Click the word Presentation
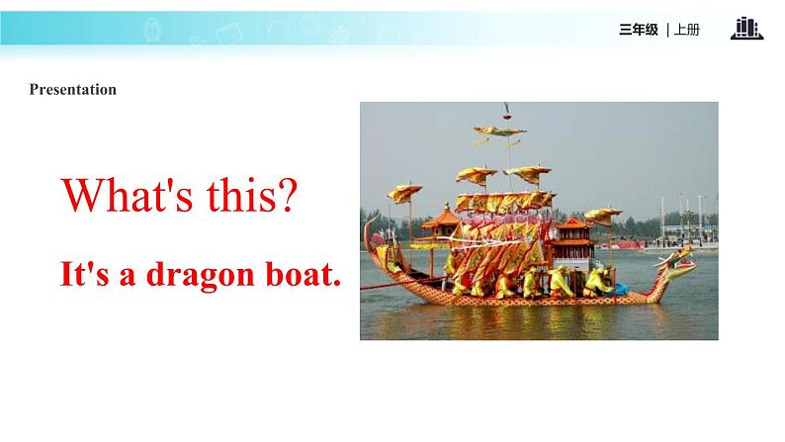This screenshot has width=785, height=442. (x=72, y=90)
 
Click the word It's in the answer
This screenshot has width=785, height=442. (x=84, y=274)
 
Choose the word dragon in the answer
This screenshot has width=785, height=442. (x=201, y=276)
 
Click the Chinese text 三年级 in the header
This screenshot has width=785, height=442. (x=639, y=30)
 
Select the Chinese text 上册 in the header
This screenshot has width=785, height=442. (x=687, y=30)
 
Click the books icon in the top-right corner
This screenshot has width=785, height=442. (x=747, y=28)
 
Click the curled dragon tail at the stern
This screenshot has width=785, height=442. (x=371, y=235)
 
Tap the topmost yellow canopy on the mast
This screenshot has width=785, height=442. (x=499, y=132)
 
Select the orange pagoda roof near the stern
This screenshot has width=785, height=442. (x=441, y=220)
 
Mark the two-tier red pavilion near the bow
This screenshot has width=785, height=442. (x=572, y=239)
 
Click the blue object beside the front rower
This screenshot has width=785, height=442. (x=621, y=290)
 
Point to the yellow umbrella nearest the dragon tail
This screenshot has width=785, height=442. (x=404, y=193)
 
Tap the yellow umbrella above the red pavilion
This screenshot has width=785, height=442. (x=603, y=216)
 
